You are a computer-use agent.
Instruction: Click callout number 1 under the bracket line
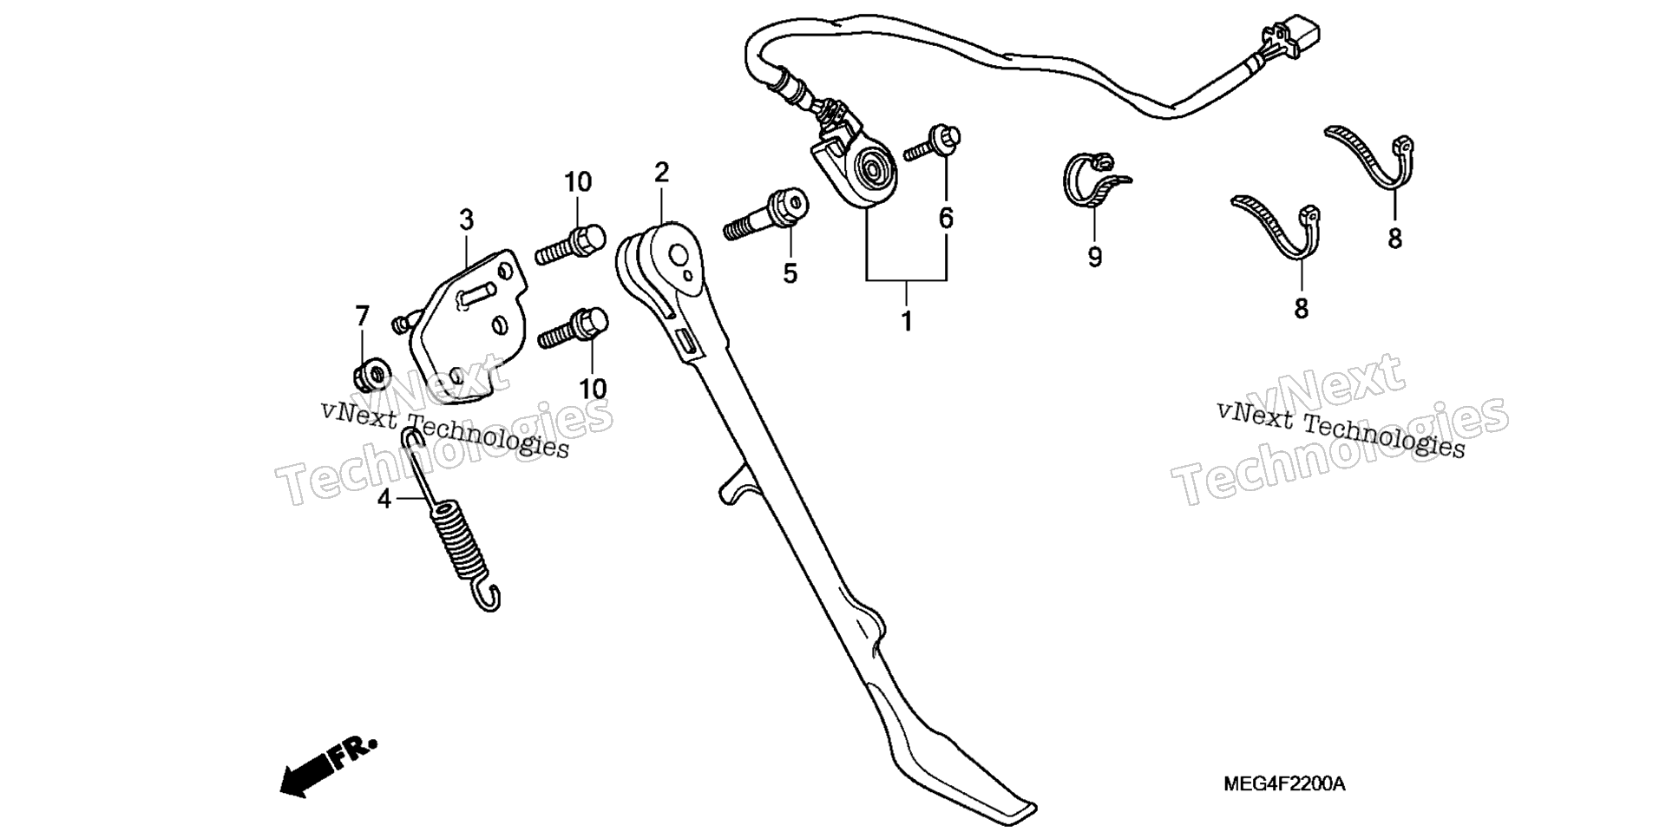907,322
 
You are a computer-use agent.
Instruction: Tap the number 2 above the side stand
662,173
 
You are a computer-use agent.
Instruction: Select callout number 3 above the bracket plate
467,220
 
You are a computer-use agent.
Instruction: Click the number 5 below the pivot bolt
790,273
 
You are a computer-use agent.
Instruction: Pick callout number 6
946,218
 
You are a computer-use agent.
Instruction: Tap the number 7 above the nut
362,316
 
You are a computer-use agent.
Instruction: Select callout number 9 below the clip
1095,257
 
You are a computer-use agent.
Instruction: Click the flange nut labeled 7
371,376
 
